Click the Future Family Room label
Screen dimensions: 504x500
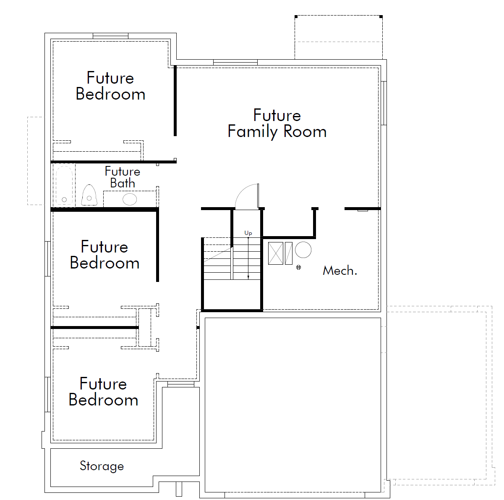tap(277, 123)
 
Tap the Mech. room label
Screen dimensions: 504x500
tap(340, 270)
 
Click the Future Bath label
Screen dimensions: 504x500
tap(123, 177)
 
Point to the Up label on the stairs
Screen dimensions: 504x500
tap(248, 233)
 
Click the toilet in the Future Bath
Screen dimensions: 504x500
tap(89, 195)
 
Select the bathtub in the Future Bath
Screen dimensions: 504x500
tap(64, 185)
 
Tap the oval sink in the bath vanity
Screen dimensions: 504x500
tap(130, 199)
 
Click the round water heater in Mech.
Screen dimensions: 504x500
tap(303, 250)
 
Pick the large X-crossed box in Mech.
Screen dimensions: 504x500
tap(276, 253)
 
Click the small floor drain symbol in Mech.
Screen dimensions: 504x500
tap(298, 267)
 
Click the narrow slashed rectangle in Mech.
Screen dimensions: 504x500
tap(288, 253)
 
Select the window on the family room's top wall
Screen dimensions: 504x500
tap(235, 62)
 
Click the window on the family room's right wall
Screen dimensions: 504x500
tap(384, 103)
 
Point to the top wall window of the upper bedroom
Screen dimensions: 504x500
tap(111, 36)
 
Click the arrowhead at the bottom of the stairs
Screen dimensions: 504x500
tap(248, 278)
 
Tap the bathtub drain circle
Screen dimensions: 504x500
tap(64, 200)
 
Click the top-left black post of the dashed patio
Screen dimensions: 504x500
tap(296, 17)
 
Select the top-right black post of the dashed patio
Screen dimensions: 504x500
tap(381, 17)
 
